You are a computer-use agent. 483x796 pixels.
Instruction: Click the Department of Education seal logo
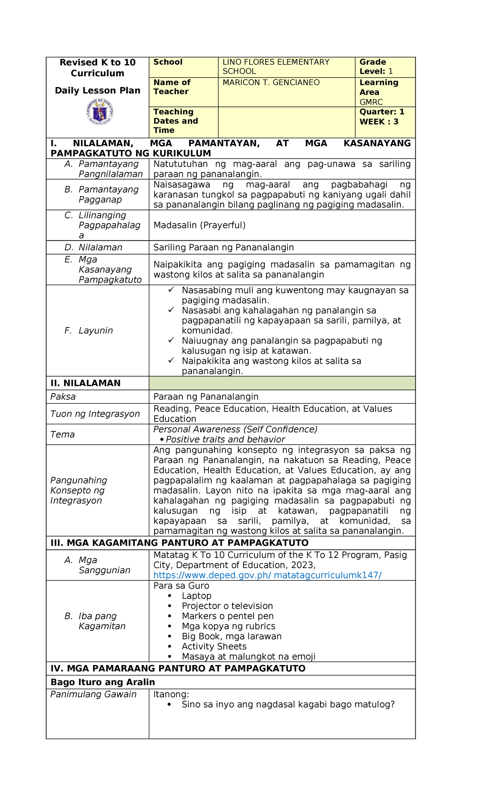tap(99, 112)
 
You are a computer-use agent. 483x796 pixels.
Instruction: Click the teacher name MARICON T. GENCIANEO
tap(271, 83)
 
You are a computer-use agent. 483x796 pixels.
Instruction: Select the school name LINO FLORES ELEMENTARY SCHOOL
tap(276, 67)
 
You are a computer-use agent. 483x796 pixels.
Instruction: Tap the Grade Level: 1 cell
tap(376, 67)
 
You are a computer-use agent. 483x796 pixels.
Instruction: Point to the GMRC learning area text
tap(371, 102)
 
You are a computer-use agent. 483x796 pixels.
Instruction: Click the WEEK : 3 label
tap(379, 122)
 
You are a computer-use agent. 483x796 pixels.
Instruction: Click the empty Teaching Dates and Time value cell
tap(286, 122)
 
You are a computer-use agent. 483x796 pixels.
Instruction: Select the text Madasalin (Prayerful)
tap(199, 225)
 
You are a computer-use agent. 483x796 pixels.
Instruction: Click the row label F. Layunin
tap(89, 331)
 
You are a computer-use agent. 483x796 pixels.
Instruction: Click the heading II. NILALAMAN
tap(85, 383)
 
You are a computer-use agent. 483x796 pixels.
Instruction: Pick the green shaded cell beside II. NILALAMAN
tap(282, 383)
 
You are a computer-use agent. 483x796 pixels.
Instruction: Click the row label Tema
tap(63, 434)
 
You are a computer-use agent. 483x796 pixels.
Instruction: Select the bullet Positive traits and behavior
tap(225, 439)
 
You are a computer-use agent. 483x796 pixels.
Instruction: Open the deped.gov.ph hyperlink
tap(267, 575)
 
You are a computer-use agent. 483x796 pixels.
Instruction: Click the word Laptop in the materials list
tap(196, 596)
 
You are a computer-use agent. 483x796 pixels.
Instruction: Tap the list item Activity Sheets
tap(214, 647)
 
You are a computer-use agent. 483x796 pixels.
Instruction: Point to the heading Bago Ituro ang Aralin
tap(103, 682)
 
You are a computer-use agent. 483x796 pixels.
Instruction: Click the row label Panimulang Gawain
tap(93, 694)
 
